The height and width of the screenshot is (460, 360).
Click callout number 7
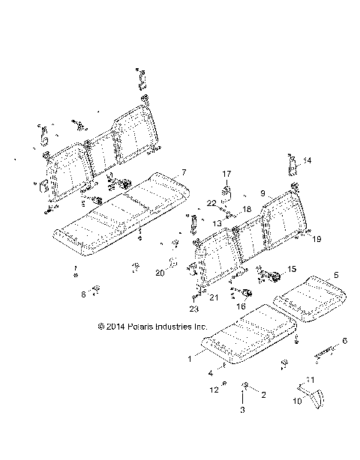coord(183,172)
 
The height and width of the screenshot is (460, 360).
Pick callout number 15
coord(292,268)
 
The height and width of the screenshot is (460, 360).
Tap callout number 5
coord(336,275)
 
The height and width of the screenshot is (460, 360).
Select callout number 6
coord(344,341)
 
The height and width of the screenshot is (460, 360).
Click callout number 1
coord(189,359)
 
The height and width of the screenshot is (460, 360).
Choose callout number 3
coord(241,411)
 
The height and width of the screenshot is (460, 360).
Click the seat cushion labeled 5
coord(304,294)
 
